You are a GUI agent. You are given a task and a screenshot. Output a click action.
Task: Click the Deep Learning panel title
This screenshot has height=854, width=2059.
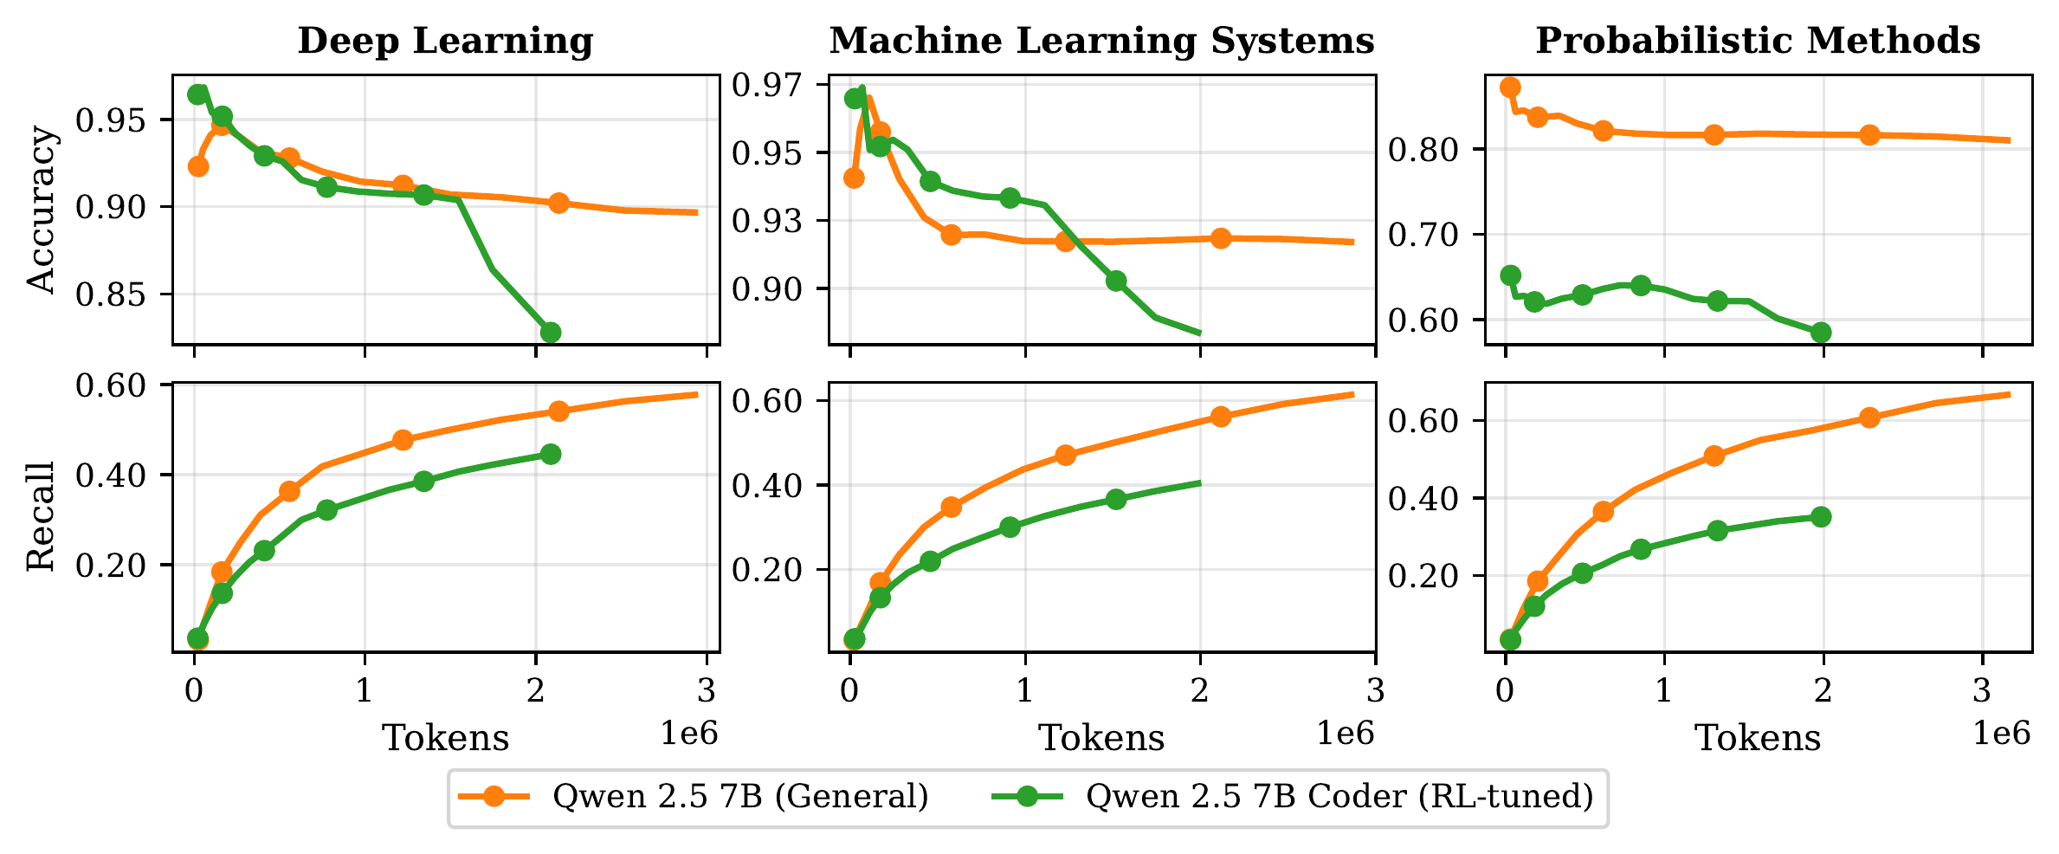[445, 42]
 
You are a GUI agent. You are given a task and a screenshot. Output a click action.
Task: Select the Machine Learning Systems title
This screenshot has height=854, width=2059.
[1101, 42]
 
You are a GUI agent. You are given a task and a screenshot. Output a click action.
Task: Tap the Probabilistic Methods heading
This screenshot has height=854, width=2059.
[1758, 42]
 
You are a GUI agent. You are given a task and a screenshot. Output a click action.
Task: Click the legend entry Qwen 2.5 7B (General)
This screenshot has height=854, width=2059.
[740, 796]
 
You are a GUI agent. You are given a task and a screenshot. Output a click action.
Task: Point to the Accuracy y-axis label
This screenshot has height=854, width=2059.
[41, 210]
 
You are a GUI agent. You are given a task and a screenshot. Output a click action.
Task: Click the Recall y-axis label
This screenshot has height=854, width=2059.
[41, 516]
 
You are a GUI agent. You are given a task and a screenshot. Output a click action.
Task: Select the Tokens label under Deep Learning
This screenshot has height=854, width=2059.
[445, 738]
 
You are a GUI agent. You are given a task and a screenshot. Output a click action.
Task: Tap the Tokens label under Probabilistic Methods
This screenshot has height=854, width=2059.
[1758, 738]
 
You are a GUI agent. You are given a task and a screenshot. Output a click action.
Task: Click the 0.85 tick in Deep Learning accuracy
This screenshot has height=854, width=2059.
[111, 294]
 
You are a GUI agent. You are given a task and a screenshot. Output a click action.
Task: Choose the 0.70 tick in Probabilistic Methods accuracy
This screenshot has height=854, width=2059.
[1425, 235]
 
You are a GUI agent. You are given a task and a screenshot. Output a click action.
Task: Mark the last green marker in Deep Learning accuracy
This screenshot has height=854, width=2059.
[550, 333]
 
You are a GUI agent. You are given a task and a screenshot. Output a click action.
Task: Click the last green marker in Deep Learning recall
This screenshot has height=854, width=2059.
[550, 454]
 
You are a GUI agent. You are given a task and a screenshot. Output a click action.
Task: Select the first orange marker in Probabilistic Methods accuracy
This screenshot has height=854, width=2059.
[1510, 87]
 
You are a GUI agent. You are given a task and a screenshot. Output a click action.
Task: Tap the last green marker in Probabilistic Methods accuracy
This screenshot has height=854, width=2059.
[1821, 333]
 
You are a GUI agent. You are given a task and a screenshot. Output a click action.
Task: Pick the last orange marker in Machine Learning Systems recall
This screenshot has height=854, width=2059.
[1221, 417]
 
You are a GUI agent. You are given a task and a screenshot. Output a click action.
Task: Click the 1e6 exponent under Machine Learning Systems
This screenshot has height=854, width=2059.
[1345, 734]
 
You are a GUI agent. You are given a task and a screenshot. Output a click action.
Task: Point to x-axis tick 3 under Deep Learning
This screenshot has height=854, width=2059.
[707, 691]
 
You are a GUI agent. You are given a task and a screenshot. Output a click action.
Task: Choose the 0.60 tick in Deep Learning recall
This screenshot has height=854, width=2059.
[111, 385]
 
